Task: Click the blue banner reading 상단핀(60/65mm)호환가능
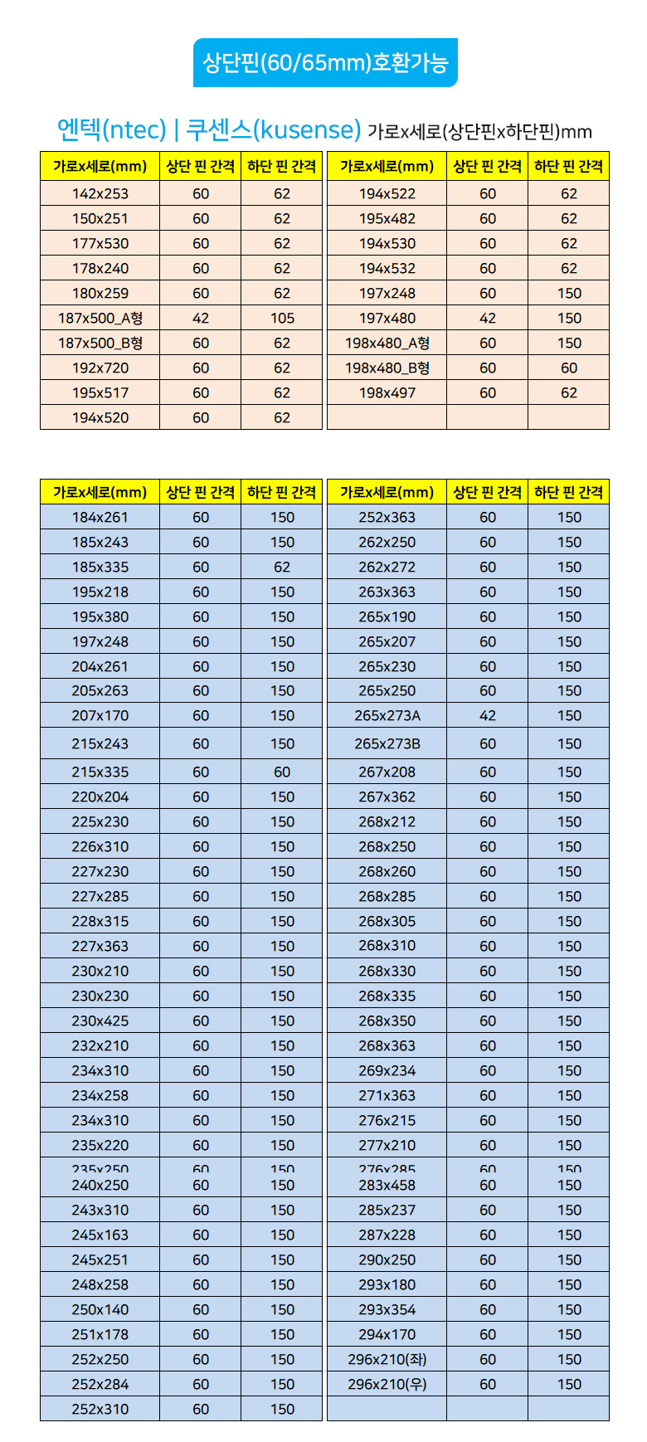325,63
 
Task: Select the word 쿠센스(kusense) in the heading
273,130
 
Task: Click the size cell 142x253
100,193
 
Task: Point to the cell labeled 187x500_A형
100,318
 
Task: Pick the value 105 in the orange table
282,318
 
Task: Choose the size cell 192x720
100,368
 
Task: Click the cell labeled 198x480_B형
387,368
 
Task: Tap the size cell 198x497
387,392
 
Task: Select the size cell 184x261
100,517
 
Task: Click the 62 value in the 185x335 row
282,567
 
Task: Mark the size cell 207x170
100,715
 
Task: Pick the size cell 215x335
100,772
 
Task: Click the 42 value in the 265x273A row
488,715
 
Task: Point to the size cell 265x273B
387,743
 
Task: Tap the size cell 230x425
100,1021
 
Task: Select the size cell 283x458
387,1185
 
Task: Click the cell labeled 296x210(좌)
387,1359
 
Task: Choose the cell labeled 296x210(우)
387,1384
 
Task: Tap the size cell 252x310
100,1409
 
